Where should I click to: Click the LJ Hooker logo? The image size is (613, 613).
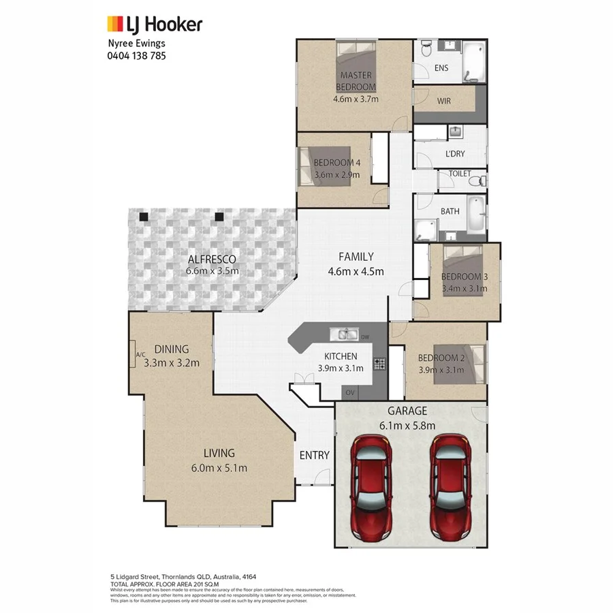pos(155,25)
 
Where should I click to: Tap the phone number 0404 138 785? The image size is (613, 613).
pos(137,55)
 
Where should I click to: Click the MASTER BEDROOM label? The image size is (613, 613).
pos(356,81)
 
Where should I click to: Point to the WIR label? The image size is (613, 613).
pos(444,101)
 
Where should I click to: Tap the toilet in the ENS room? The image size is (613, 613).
pos(426,49)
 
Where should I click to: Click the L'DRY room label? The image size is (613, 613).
pos(454,154)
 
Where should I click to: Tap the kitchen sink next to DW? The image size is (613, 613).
pos(345,334)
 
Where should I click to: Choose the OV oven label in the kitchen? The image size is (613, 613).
pos(350,393)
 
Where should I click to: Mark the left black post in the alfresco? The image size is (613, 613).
pos(144,217)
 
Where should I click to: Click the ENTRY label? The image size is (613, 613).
pos(314,455)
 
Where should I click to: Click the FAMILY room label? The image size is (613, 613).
pos(356,257)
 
